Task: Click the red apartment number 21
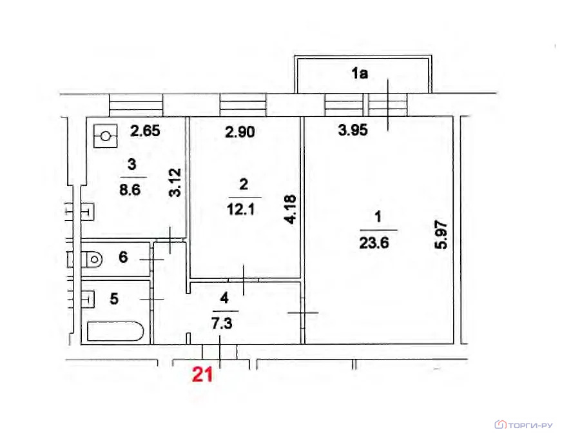[x=202, y=374]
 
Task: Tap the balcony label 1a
[x=360, y=73]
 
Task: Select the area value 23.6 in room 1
[x=374, y=243]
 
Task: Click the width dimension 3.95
[x=353, y=130]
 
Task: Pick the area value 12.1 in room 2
[x=241, y=210]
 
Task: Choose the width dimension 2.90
[x=240, y=132]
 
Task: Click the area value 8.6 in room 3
[x=130, y=190]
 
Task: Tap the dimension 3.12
[x=175, y=182]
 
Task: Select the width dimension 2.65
[x=145, y=130]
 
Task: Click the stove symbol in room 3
[x=106, y=136]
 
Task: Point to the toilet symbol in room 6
[x=94, y=259]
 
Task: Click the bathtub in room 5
[x=115, y=331]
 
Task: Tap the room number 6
[x=123, y=257]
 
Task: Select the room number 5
[x=114, y=299]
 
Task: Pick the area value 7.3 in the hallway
[x=222, y=324]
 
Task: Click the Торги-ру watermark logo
[x=524, y=425]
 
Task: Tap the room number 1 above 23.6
[x=378, y=217]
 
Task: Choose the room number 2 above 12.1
[x=244, y=185]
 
